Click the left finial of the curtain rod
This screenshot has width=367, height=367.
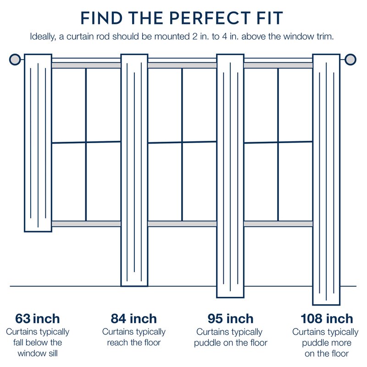(x=15, y=60)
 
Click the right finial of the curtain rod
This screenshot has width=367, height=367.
(x=350, y=60)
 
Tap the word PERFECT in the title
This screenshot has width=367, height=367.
(x=210, y=18)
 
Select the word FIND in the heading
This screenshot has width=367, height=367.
(x=101, y=18)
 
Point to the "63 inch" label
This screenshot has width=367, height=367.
(x=38, y=318)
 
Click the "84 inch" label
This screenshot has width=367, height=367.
(x=133, y=318)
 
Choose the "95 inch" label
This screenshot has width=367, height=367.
(x=231, y=318)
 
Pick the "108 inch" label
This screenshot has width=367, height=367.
(x=327, y=318)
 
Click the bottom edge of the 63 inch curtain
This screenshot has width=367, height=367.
(x=38, y=232)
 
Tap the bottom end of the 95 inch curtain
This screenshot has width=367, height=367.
(x=230, y=297)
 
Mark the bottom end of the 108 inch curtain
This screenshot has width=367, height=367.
(x=326, y=305)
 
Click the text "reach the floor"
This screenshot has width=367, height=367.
(x=134, y=343)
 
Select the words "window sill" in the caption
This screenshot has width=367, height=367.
(x=38, y=353)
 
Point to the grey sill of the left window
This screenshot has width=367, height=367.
(x=86, y=224)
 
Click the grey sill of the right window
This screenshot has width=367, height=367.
(x=278, y=224)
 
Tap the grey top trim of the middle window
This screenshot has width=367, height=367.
(x=182, y=65)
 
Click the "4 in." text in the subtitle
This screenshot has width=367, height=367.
(x=229, y=37)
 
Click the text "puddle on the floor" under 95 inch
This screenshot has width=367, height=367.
(x=231, y=343)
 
